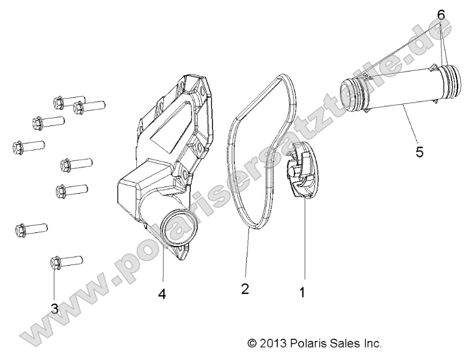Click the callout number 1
pyautogui.click(x=301, y=292)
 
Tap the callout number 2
pyautogui.click(x=245, y=289)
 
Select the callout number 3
pyautogui.click(x=54, y=308)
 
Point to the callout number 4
pyautogui.click(x=162, y=294)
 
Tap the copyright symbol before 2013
pyautogui.click(x=252, y=344)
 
